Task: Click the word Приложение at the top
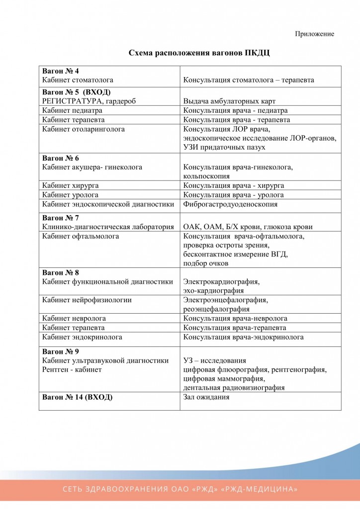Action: coord(314,34)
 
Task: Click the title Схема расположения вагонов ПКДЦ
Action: coord(199,53)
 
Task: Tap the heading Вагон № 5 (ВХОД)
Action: coord(76,92)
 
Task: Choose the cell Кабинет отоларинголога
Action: coord(83,129)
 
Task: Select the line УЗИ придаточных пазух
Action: coord(224,147)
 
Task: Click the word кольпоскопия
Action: coord(206,176)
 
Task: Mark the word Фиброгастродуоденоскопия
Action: coord(230,204)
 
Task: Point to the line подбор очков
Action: coord(206,263)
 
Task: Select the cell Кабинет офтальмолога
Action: coord(81,236)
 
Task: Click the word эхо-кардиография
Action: coord(213,291)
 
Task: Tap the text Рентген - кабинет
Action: coord(72,369)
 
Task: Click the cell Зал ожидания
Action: coord(206,397)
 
